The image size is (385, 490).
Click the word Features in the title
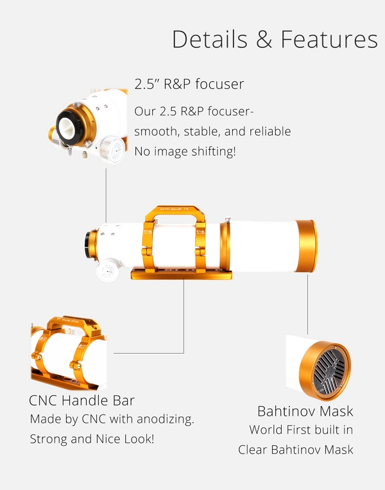(x=329, y=39)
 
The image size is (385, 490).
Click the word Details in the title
(x=210, y=39)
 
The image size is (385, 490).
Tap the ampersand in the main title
(x=264, y=39)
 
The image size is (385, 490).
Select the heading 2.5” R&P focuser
(x=189, y=84)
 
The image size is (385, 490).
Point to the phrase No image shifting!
(x=185, y=151)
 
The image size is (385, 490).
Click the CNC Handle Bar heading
(x=81, y=400)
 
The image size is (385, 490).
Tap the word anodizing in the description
(x=166, y=419)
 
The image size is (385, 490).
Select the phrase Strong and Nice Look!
(x=92, y=439)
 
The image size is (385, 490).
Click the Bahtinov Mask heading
(x=305, y=411)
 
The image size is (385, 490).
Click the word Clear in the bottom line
(x=253, y=450)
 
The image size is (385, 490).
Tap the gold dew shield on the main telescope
(x=306, y=246)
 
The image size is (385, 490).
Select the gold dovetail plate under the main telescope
(x=181, y=274)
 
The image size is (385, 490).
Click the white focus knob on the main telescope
(x=108, y=270)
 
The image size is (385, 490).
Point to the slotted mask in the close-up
(x=330, y=372)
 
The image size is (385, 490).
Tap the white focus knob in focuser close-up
(x=113, y=150)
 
